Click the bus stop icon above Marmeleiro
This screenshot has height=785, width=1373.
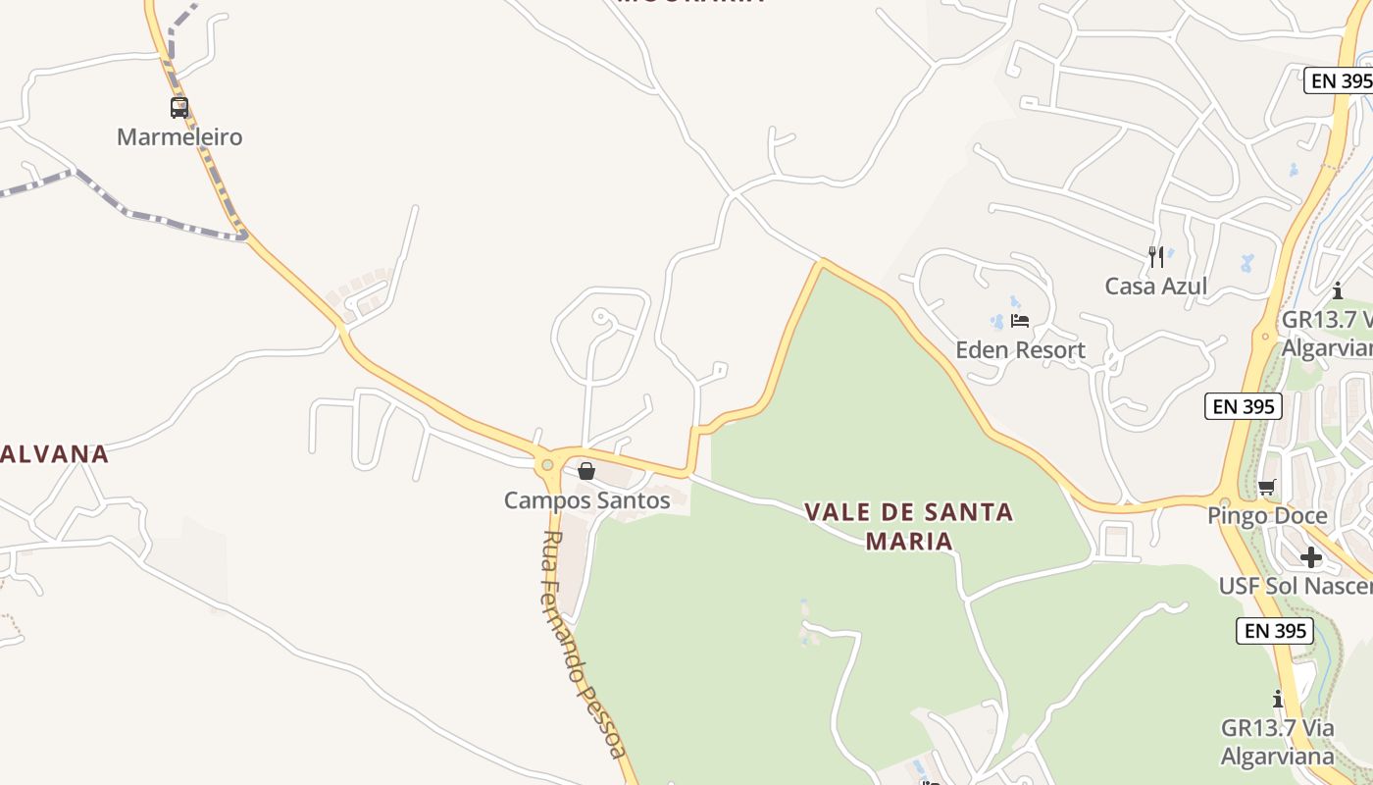(x=179, y=108)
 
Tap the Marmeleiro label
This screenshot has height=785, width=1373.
(x=179, y=137)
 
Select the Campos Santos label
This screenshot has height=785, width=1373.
(x=586, y=500)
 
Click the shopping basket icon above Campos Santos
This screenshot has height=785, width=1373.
(x=586, y=472)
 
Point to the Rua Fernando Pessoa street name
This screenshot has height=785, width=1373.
(x=585, y=644)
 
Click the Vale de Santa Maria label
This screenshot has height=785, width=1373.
(x=909, y=526)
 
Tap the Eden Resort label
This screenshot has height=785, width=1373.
(x=1020, y=350)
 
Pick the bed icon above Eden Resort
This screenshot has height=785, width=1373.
(x=1020, y=321)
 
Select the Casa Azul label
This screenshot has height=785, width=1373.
(x=1156, y=287)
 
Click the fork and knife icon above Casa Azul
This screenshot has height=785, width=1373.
(x=1156, y=257)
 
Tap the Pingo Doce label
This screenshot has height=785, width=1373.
(x=1267, y=516)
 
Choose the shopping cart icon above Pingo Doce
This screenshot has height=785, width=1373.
(x=1267, y=487)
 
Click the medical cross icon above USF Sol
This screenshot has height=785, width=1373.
(x=1311, y=557)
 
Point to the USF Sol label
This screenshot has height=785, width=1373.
(x=1295, y=586)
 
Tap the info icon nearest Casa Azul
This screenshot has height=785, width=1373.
(x=1337, y=290)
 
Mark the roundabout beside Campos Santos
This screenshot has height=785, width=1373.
(x=547, y=464)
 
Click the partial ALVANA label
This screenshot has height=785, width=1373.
(x=54, y=454)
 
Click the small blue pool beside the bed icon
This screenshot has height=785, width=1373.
(x=997, y=321)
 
